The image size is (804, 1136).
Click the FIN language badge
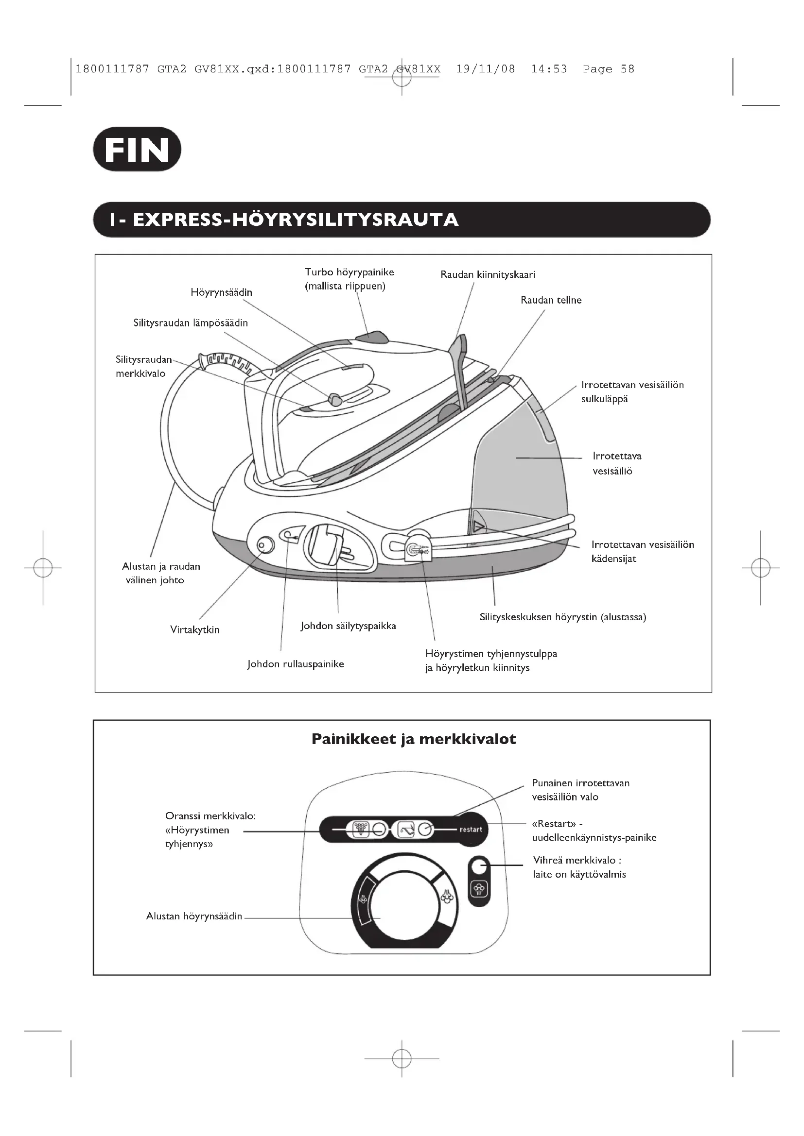[137, 150]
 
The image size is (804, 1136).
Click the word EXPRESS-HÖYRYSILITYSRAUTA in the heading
[296, 220]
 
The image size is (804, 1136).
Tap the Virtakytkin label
[194, 630]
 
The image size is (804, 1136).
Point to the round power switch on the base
[265, 545]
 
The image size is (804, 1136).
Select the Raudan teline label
[551, 300]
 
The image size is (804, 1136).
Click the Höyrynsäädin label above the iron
[221, 292]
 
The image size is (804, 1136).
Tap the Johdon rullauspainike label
[296, 664]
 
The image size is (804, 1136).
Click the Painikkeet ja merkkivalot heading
[414, 739]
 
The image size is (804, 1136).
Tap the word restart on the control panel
[471, 830]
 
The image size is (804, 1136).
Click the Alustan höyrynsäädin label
[194, 916]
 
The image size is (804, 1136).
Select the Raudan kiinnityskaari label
[488, 274]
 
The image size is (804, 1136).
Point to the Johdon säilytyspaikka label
[348, 626]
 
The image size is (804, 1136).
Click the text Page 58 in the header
[609, 69]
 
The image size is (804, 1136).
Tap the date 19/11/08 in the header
[485, 69]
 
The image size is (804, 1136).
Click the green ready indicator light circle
[478, 866]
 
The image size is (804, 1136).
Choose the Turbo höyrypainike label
[349, 272]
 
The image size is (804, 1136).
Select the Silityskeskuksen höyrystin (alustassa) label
[563, 617]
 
